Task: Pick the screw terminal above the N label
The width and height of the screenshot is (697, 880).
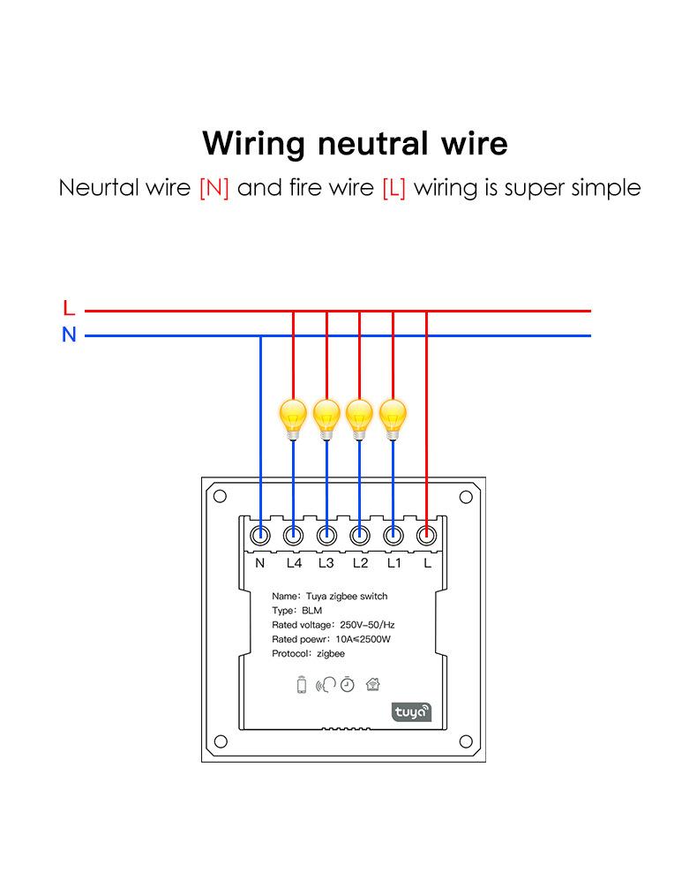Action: (260, 534)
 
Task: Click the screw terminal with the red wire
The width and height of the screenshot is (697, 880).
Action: (426, 534)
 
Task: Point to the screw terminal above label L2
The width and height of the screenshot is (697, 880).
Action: (359, 534)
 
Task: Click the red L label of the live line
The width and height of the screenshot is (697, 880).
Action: (69, 309)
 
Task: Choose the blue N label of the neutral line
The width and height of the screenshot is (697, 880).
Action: (69, 335)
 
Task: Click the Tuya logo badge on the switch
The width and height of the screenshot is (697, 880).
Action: (411, 710)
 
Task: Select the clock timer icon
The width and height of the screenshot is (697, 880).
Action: (348, 684)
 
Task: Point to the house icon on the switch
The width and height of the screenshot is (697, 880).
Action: (372, 683)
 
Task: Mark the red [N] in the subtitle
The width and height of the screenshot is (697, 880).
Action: (214, 188)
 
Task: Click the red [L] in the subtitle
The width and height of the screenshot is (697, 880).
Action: (394, 188)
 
